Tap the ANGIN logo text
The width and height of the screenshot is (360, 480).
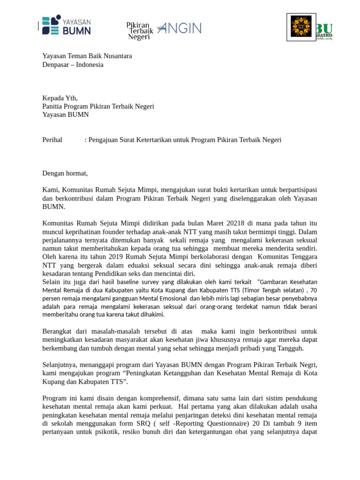[x=180, y=28]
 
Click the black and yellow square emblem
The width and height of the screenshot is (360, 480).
[x=301, y=26]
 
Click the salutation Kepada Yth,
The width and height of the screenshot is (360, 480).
[x=60, y=98]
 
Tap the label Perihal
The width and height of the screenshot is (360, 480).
[x=52, y=140]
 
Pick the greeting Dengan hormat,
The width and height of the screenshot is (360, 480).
[x=65, y=173]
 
